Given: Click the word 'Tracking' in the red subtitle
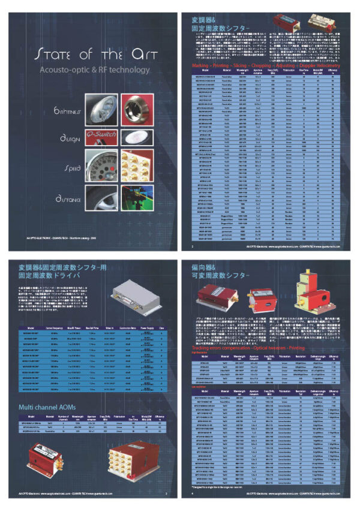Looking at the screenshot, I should coord(201,347).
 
